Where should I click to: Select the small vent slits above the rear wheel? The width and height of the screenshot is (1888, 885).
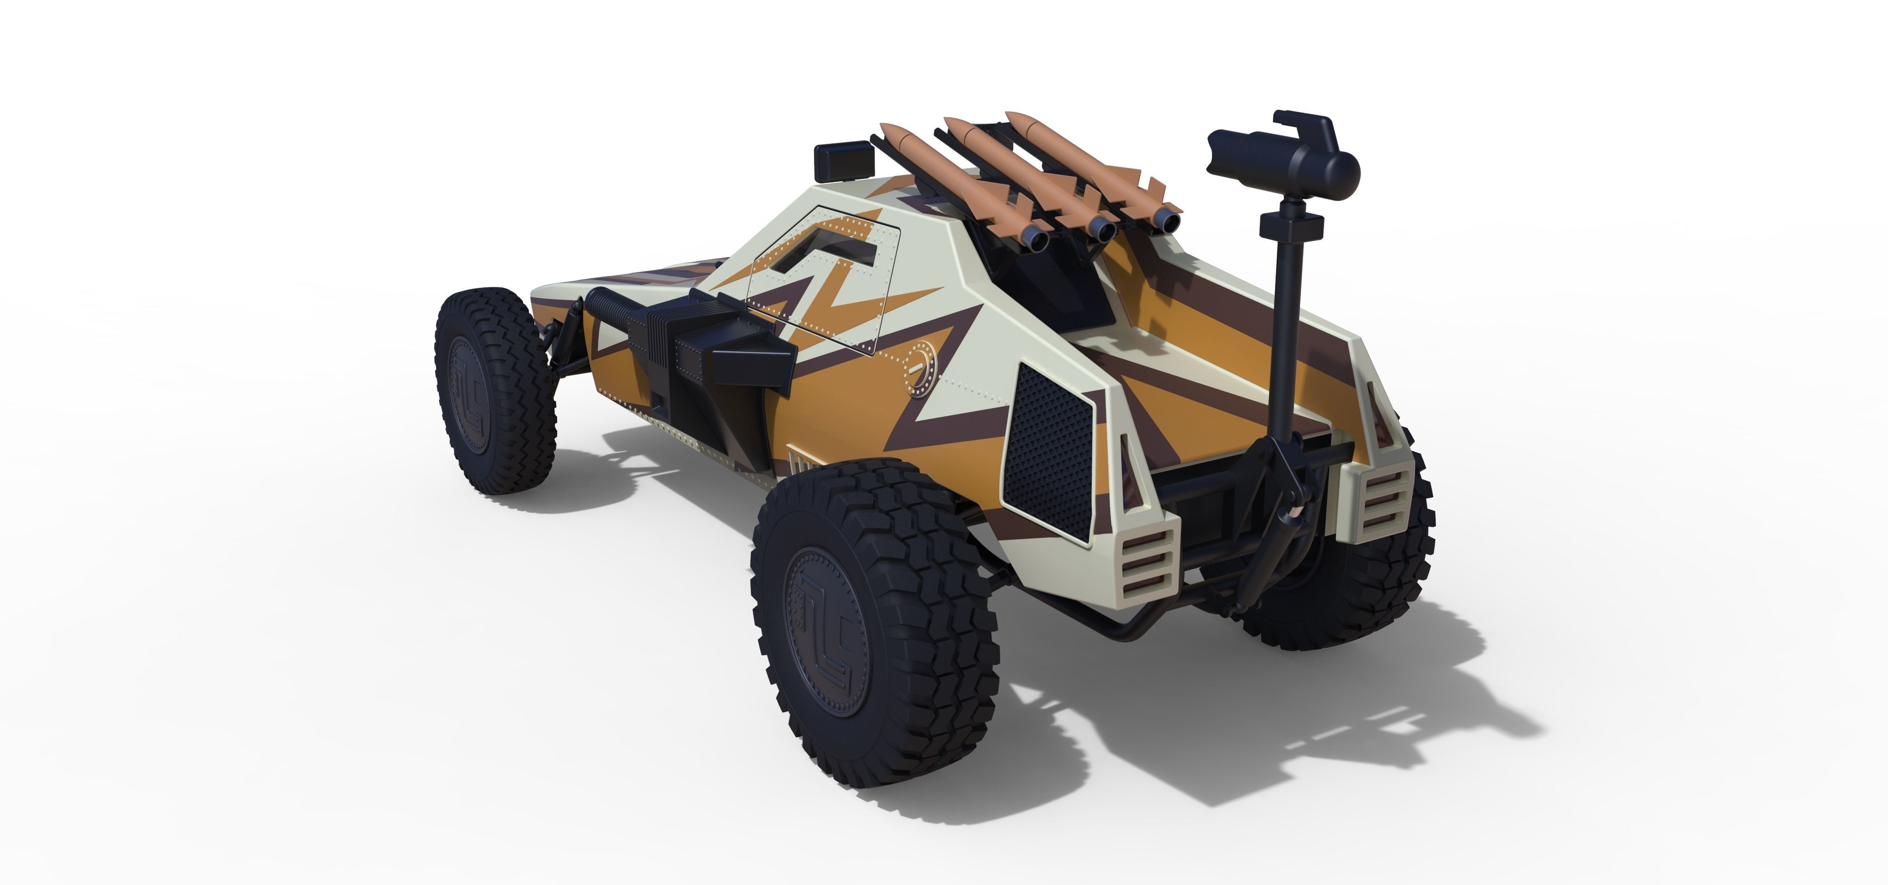click(800, 462)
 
